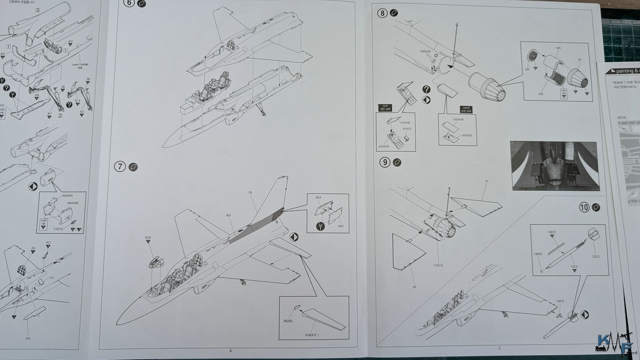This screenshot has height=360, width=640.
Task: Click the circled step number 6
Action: click(x=129, y=4)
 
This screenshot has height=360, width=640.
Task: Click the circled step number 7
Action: click(x=120, y=167)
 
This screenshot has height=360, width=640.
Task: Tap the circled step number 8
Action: click(x=382, y=13)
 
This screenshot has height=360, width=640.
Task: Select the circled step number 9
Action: click(x=384, y=162)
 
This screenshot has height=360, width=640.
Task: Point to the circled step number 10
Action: click(x=584, y=207)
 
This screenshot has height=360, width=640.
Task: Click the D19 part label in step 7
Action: click(x=148, y=237)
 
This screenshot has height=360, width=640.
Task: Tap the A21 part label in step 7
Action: click(x=228, y=215)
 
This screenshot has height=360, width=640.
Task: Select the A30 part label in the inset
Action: click(x=341, y=226)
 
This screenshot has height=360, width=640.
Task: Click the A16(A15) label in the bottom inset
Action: click(x=312, y=334)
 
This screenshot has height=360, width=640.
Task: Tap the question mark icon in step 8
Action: click(x=426, y=89)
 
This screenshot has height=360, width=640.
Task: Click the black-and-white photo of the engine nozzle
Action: click(x=554, y=165)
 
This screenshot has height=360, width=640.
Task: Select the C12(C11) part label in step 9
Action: click(x=439, y=251)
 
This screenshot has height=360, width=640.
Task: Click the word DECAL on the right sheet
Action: click(x=622, y=118)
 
